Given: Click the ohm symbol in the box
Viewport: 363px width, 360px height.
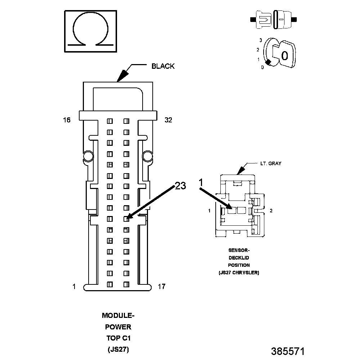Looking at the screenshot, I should [91, 32].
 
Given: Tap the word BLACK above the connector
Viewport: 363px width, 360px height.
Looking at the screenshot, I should [163, 66].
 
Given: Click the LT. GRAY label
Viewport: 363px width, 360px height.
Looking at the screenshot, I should [271, 163].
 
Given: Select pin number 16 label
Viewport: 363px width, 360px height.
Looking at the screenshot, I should [67, 120].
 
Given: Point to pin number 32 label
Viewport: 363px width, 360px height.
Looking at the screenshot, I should [168, 120].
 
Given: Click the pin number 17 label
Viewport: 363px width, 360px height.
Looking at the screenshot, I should [162, 287].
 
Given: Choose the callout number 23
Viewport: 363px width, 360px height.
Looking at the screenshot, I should [180, 186].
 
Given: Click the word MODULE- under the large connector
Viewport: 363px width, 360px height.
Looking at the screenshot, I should [118, 316].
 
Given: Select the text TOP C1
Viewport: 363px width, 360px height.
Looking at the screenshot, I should [118, 338].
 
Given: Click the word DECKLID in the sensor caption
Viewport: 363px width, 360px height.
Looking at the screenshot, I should [239, 258].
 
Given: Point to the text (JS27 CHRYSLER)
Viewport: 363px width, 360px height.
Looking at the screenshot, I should [239, 273].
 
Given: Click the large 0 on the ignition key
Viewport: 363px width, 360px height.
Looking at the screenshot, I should [284, 55].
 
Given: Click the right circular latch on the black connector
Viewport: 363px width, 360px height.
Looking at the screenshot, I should [147, 156].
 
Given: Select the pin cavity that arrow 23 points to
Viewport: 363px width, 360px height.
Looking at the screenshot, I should [126, 219].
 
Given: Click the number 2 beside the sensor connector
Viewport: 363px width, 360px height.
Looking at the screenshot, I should [271, 211].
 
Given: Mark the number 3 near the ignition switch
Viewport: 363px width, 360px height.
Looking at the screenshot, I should [260, 40].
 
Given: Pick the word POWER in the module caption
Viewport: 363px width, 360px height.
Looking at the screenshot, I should [118, 327].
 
